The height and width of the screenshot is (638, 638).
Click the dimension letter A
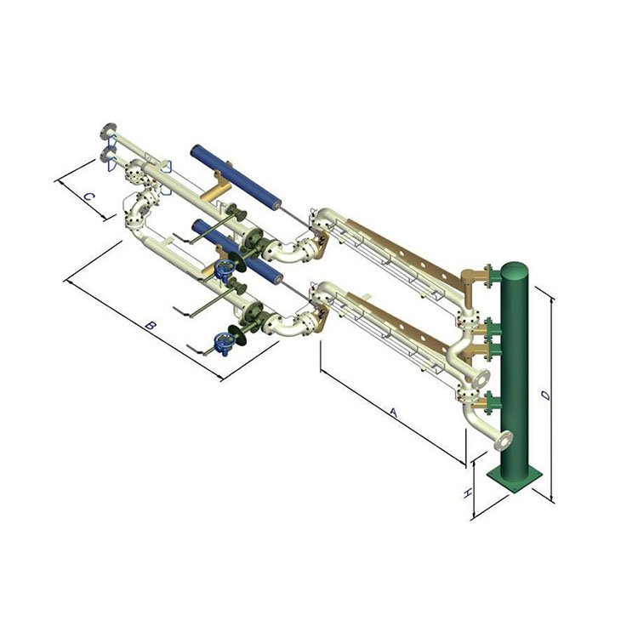coord(393,413)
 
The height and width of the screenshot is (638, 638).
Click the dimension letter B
coord(151,326)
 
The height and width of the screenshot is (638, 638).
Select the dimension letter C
coord(89,197)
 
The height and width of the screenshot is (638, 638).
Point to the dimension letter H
coord(468,493)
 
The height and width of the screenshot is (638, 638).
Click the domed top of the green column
coord(515,269)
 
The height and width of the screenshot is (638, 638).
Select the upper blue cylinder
coord(236,178)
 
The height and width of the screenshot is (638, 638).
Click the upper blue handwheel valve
coord(225,269)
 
